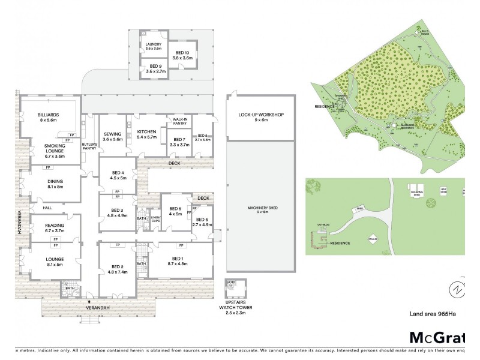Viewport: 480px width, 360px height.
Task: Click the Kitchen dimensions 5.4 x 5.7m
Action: coord(146,137)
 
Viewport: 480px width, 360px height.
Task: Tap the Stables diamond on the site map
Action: coord(373,238)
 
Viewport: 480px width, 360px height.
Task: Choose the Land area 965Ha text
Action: coord(436,313)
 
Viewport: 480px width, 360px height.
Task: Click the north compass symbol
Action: coord(458,289)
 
